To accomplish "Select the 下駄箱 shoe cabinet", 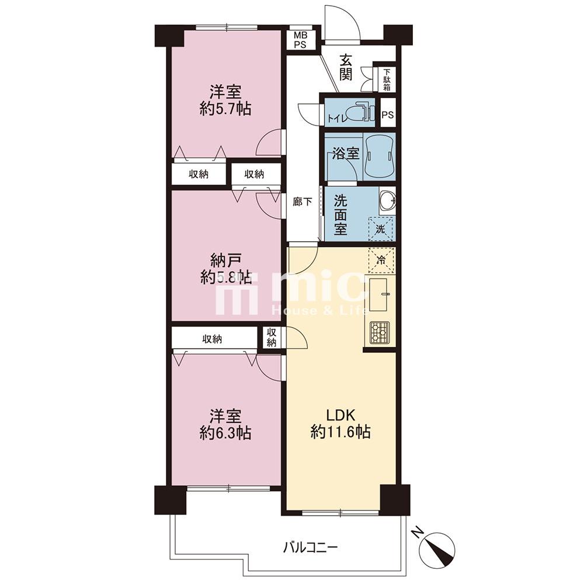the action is tap(387, 79).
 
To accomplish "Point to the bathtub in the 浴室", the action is tap(379, 155).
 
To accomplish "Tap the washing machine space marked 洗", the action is tap(380, 228).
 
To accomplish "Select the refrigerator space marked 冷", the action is tap(381, 260).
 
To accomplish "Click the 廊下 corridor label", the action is tap(302, 202).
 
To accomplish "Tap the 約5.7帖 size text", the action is tap(225, 109).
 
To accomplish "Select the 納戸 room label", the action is tap(225, 260).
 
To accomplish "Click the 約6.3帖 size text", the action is tap(225, 433).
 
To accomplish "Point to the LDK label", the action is tap(340, 415).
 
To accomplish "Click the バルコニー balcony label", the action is tap(310, 547).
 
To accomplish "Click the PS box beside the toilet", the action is tap(387, 114).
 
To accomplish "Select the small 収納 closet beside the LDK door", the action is tap(272, 338).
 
